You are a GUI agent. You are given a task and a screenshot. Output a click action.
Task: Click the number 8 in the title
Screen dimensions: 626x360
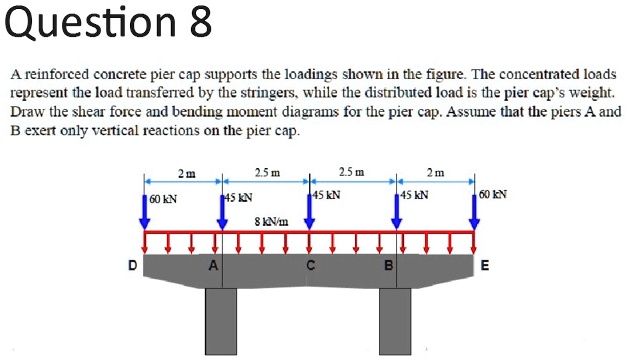point(199,22)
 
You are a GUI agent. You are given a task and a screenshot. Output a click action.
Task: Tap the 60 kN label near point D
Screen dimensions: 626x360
point(163,199)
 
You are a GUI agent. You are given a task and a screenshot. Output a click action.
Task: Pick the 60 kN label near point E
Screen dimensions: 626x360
point(493,194)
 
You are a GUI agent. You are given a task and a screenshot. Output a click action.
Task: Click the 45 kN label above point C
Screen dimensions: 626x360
point(327,194)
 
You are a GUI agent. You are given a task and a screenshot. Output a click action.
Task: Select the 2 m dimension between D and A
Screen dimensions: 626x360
point(185,172)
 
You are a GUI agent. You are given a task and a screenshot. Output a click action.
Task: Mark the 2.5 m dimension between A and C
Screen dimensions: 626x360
point(266,171)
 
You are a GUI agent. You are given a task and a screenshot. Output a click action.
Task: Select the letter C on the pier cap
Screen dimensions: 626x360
point(310,266)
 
